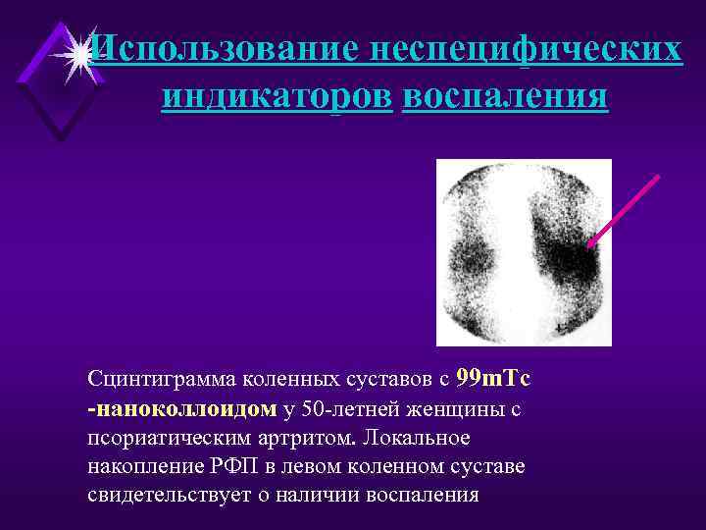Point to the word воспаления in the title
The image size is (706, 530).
pyautogui.click(x=504, y=97)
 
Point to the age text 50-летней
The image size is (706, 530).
pyautogui.click(x=353, y=408)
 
